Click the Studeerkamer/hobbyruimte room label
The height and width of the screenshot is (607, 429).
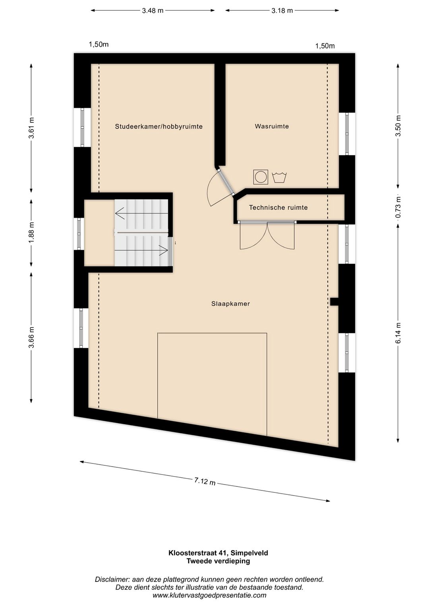tap(158, 126)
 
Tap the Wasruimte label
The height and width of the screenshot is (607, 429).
tap(272, 126)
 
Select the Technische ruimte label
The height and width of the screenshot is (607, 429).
tap(278, 208)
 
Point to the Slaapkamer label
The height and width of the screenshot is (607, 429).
tap(230, 304)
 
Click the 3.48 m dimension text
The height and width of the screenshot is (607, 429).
tap(153, 11)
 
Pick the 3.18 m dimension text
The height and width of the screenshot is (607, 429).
tap(282, 11)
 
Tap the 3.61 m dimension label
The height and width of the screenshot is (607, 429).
tap(32, 128)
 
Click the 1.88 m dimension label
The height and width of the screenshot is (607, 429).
tap(32, 233)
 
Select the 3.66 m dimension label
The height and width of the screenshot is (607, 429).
tap(32, 337)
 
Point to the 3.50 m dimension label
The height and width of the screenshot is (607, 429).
tap(398, 126)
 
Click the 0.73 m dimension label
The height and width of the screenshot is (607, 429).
tap(398, 208)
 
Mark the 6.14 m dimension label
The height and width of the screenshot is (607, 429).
tap(398, 333)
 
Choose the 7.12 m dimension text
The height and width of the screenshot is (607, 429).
tap(205, 482)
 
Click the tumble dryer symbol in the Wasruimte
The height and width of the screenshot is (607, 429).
tap(261, 177)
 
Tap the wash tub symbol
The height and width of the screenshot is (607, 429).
tap(279, 177)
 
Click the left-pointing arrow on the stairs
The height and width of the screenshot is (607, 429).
tap(141, 213)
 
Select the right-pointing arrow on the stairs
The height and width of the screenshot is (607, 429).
tap(141, 250)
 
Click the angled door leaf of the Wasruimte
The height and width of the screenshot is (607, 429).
tap(226, 181)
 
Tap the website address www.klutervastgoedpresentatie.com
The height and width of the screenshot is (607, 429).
tap(209, 595)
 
